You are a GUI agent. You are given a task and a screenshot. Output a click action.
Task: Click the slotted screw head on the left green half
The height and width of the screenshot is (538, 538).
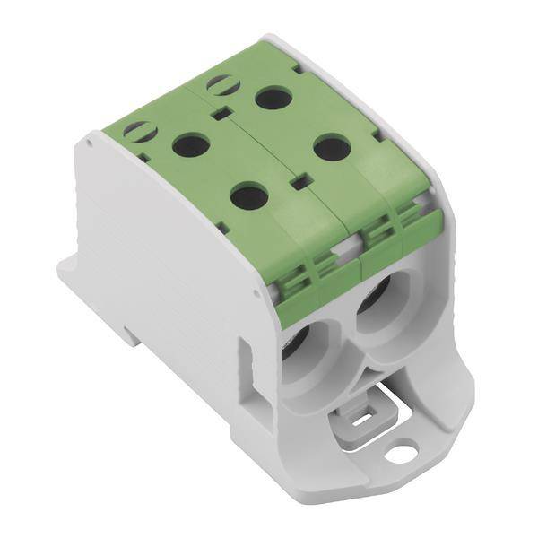click(x=140, y=131)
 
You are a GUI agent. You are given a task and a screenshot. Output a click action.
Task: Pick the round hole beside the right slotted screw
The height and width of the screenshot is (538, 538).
click(x=273, y=97)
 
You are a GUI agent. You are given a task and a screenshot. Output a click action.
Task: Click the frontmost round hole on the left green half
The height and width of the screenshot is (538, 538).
click(x=248, y=195)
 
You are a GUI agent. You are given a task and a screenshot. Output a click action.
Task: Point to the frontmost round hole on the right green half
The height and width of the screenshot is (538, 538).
click(x=332, y=146)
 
